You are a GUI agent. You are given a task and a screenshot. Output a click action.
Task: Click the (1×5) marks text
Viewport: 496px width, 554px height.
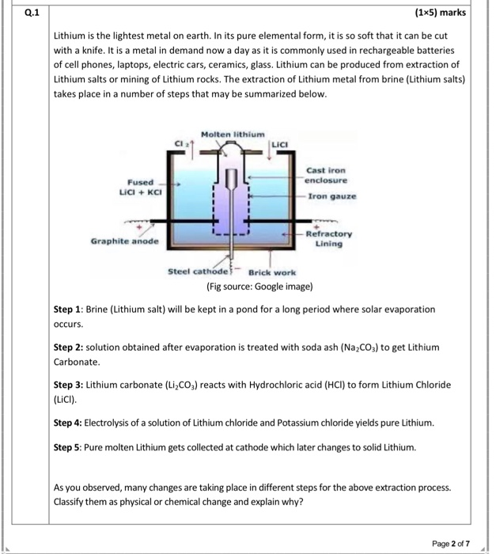tap(440, 13)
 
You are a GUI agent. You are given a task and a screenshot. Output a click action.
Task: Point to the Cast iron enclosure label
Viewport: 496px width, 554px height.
tap(325, 175)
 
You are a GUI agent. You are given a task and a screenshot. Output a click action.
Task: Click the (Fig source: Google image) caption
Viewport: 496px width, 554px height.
tap(259, 285)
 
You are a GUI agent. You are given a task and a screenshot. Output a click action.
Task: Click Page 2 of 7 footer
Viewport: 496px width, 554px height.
tap(451, 543)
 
